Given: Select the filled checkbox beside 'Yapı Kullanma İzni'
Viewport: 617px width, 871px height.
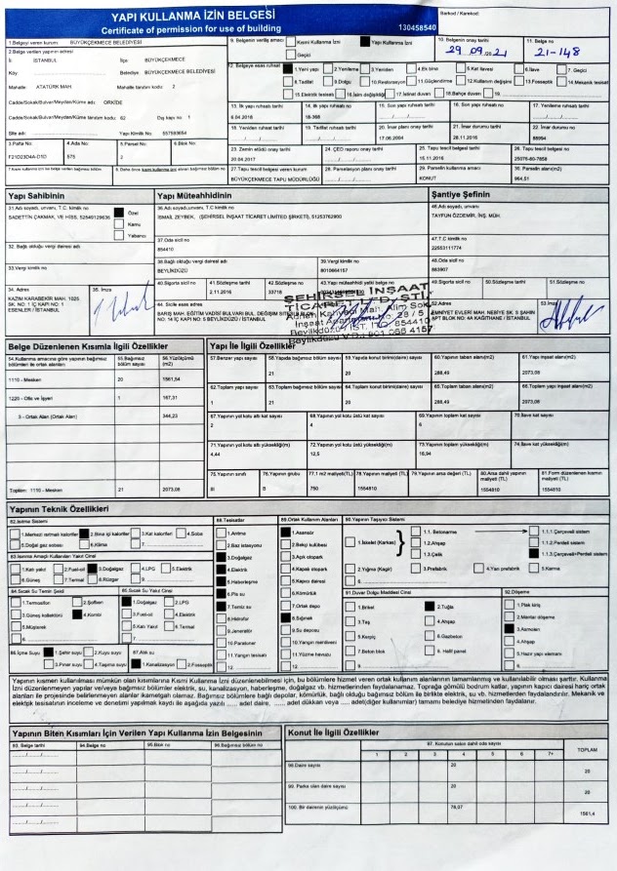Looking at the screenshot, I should coord(366,44).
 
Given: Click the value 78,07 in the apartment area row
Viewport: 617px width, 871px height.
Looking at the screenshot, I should coord(454,807).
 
